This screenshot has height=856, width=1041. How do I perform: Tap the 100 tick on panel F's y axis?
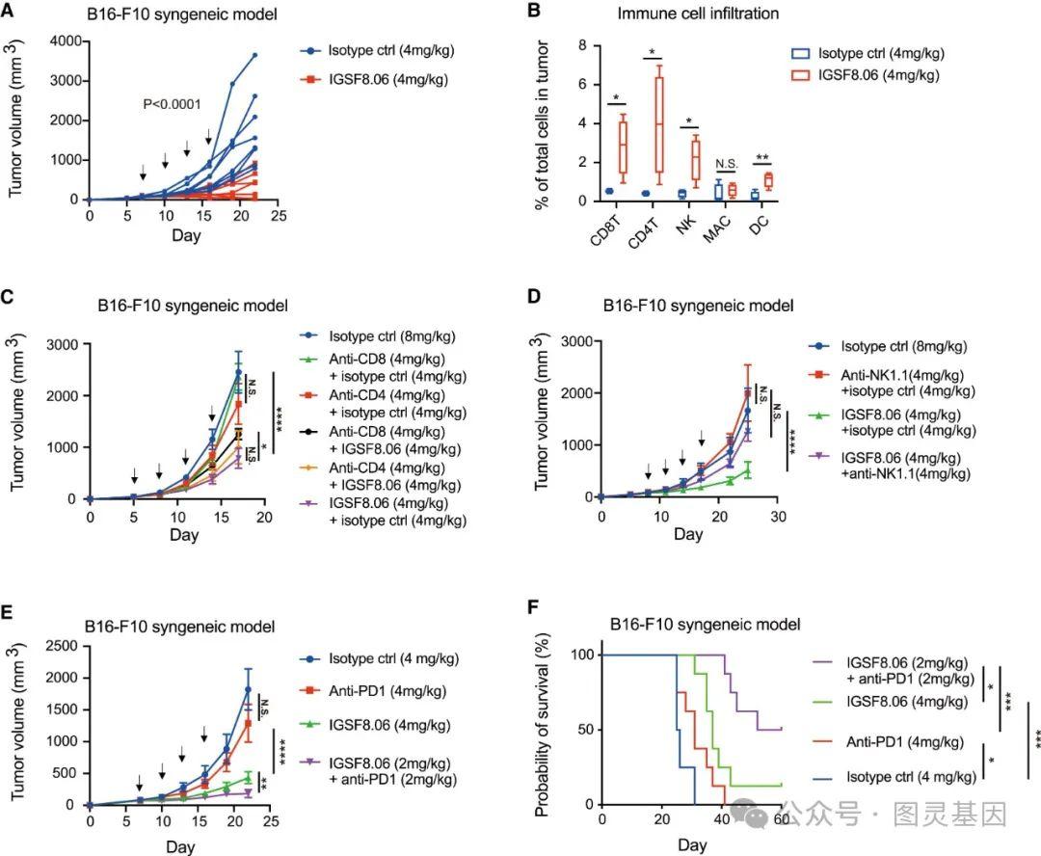[582, 655]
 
